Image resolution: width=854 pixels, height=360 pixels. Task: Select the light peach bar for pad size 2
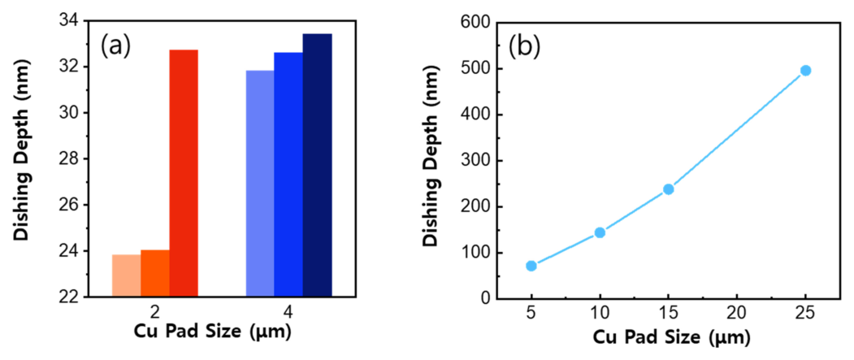[x=126, y=275]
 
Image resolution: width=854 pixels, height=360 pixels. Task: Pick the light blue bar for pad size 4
[x=259, y=184]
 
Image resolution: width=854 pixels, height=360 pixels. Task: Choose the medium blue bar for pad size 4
[x=288, y=175]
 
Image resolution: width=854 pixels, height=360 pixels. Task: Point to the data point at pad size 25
[x=805, y=71]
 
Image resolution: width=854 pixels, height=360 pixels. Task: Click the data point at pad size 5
[x=531, y=266]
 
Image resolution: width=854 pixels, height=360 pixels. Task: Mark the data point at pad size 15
[x=669, y=189]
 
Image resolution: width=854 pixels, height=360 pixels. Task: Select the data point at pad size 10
[x=600, y=232]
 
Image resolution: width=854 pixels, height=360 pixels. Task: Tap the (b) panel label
[x=524, y=46]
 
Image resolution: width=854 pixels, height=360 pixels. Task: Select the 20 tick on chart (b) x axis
[x=736, y=313]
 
